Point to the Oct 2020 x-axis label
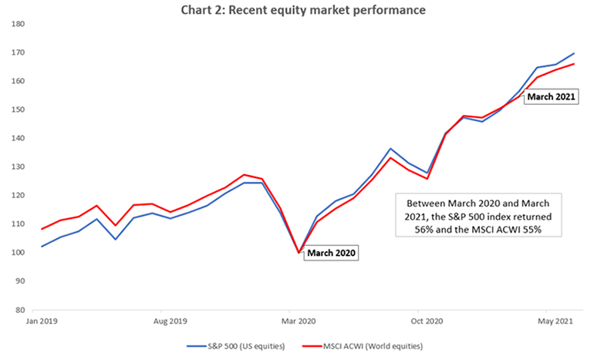[x=426, y=320]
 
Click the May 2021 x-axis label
[x=555, y=320]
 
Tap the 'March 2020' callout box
[x=332, y=252]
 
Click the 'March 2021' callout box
[x=551, y=98]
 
